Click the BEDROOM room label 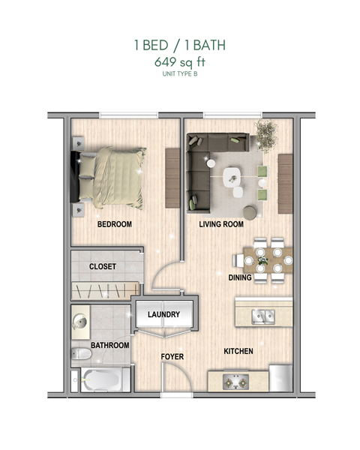(114, 224)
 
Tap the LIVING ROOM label (223, 224)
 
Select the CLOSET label (103, 266)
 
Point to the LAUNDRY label (163, 314)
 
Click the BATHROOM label (110, 345)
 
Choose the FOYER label (172, 356)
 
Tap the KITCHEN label (238, 351)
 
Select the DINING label (240, 277)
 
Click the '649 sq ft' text (179, 63)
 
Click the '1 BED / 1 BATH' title (179, 46)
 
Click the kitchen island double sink (262, 315)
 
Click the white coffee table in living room (233, 177)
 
